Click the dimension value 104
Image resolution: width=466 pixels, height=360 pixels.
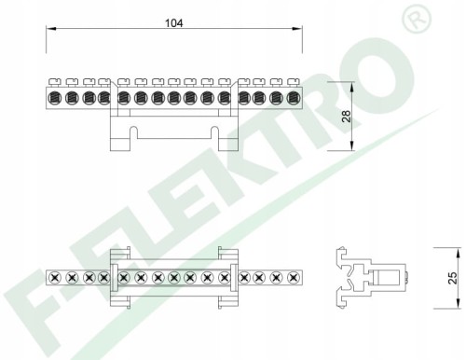click(173, 23)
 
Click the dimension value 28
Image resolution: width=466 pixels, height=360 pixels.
click(346, 116)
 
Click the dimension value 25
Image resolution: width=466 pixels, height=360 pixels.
click(453, 278)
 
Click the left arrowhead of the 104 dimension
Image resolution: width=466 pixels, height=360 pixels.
click(51, 29)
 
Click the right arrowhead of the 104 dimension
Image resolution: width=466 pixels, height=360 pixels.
click(297, 29)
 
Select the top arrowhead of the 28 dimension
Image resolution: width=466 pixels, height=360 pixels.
click(352, 87)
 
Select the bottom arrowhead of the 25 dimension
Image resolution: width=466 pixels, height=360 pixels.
click(458, 304)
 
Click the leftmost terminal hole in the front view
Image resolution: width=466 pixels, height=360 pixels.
click(55, 98)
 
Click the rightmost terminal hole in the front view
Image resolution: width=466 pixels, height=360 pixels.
click(293, 98)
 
